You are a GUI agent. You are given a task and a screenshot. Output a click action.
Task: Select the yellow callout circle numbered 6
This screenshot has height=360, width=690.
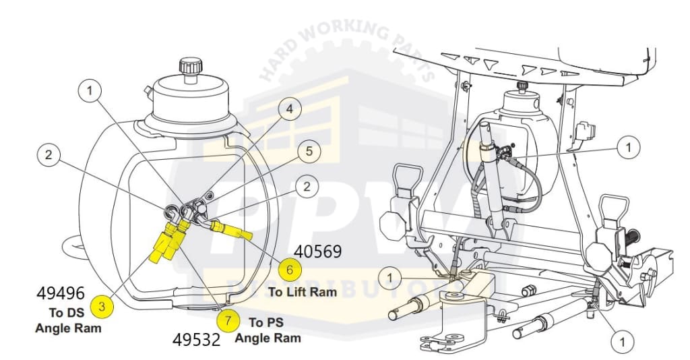pos(290,270)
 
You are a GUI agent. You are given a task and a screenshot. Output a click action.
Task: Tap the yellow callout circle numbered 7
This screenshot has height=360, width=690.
pos(228,321)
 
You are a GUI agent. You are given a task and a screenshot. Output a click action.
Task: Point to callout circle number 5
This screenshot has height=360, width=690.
pos(309,152)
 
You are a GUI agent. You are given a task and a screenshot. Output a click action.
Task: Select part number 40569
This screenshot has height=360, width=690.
pos(319,252)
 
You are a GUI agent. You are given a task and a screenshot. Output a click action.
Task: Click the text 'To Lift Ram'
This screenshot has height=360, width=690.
pos(302,292)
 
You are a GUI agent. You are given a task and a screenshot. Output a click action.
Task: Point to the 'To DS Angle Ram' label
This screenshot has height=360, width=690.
pos(68,320)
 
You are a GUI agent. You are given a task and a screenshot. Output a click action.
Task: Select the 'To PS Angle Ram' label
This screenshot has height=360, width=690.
pos(268,330)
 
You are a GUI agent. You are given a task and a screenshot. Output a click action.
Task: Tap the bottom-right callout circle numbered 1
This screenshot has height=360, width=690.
pos(623,342)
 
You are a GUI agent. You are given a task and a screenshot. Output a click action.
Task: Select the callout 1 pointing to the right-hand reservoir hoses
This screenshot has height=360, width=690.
pos(629,146)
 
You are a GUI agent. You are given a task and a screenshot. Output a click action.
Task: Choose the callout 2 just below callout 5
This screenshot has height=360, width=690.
pos(307,187)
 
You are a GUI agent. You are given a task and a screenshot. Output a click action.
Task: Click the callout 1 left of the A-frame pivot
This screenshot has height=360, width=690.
pos(389,276)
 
